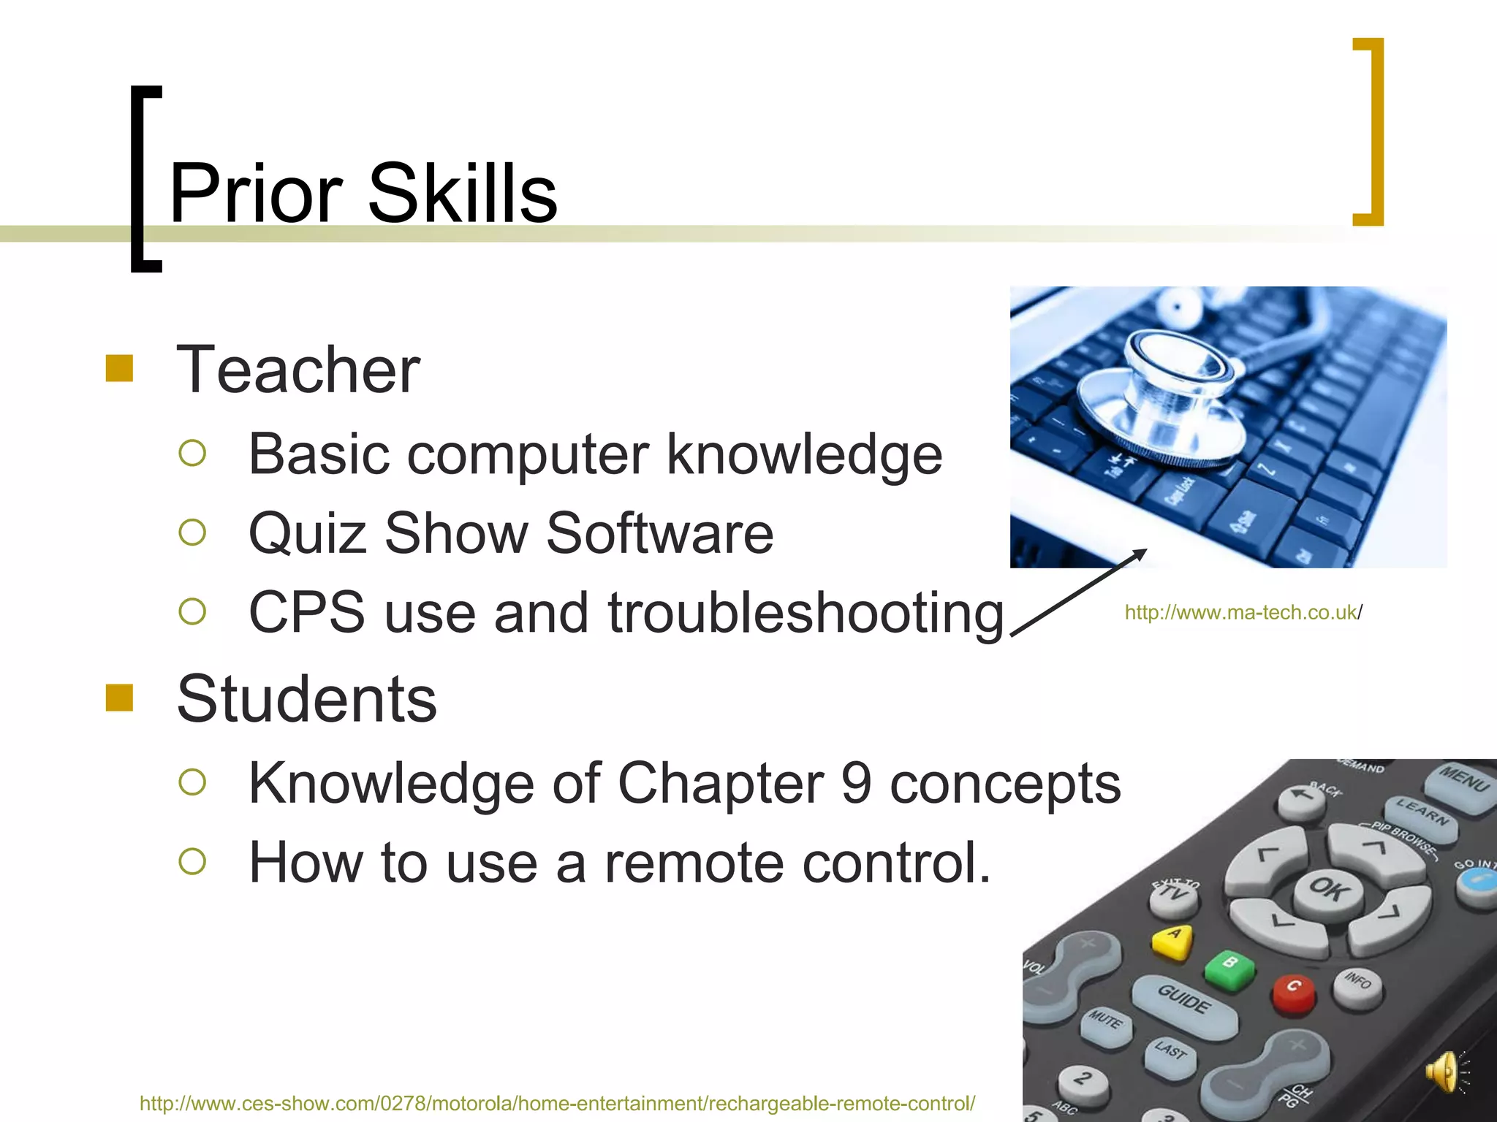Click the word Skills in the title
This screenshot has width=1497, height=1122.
pos(462,194)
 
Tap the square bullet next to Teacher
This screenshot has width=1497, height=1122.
pos(119,369)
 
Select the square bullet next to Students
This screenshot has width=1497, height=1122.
pos(119,698)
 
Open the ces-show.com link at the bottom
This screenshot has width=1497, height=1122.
pos(557,1103)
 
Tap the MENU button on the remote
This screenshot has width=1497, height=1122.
pos(1462,785)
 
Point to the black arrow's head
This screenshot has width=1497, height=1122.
pos(1142,553)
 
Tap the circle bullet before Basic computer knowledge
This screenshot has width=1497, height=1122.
pos(192,453)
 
